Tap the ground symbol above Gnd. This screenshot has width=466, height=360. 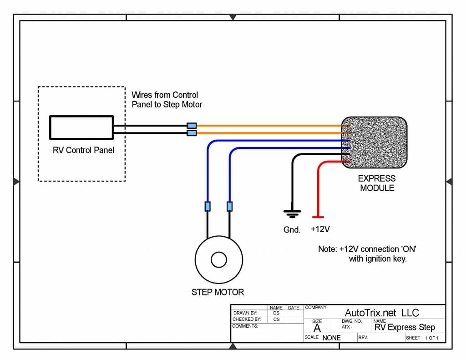292,214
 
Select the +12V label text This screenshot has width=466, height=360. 320,229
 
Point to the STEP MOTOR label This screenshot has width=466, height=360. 218,292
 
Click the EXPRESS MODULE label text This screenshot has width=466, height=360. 377,183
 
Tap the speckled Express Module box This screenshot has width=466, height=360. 375,142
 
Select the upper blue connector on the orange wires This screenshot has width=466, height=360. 192,126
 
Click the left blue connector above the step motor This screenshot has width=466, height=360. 208,206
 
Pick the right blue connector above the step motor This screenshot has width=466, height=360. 229,206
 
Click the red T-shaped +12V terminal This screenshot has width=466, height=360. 318,217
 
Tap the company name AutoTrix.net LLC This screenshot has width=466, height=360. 382,313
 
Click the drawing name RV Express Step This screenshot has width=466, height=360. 405,327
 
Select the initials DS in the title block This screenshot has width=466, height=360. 276,313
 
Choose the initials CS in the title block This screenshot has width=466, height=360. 276,319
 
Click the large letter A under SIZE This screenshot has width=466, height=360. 317,328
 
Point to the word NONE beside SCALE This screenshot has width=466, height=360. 331,338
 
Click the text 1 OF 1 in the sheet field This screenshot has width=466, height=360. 431,338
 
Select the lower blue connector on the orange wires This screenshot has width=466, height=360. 192,133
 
